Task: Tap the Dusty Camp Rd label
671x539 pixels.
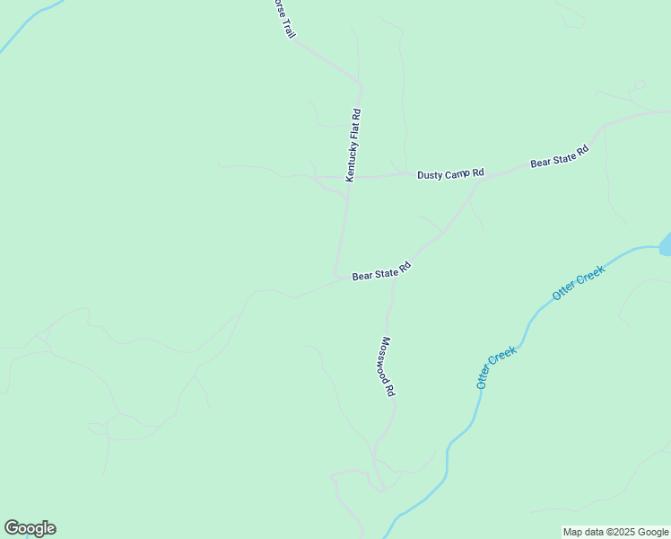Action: click(x=450, y=173)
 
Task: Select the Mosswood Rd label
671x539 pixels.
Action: click(x=388, y=367)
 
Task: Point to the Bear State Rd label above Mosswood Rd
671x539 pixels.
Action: click(x=381, y=271)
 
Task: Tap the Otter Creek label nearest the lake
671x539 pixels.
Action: click(x=579, y=282)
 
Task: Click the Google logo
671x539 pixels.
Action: click(x=30, y=528)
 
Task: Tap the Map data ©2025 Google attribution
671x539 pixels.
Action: click(x=616, y=532)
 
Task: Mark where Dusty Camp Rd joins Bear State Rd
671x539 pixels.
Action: click(x=480, y=179)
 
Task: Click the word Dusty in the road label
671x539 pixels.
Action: click(x=431, y=174)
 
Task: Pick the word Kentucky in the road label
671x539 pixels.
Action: click(x=352, y=157)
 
